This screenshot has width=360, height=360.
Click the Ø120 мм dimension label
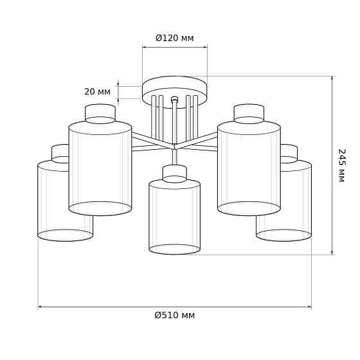pos(174,38)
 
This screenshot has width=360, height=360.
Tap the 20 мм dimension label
pos(97,92)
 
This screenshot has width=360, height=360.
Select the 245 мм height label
pos(341,165)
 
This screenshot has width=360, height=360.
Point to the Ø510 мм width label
pos(175,316)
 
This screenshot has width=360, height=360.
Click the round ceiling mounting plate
pos(175,92)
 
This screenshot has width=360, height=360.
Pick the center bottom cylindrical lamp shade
pos(174,217)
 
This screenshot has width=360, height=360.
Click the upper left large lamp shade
pos(100,168)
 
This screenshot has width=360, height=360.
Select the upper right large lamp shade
pos(249,168)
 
